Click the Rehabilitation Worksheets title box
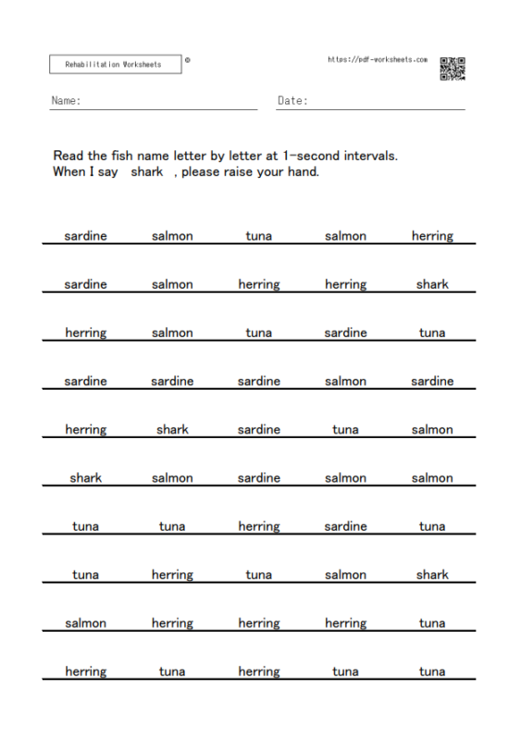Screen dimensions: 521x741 click(115, 64)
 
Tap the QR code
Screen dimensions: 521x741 click(452, 69)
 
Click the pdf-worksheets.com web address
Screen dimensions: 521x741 click(378, 59)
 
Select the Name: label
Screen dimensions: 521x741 click(66, 100)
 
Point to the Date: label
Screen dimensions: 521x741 click(292, 100)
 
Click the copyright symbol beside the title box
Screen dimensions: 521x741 click(188, 60)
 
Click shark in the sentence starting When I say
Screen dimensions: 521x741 click(147, 171)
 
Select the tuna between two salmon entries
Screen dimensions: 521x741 click(259, 236)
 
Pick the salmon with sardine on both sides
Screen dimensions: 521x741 click(345, 381)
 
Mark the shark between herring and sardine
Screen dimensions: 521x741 click(172, 429)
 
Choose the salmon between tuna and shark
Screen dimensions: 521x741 click(345, 574)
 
